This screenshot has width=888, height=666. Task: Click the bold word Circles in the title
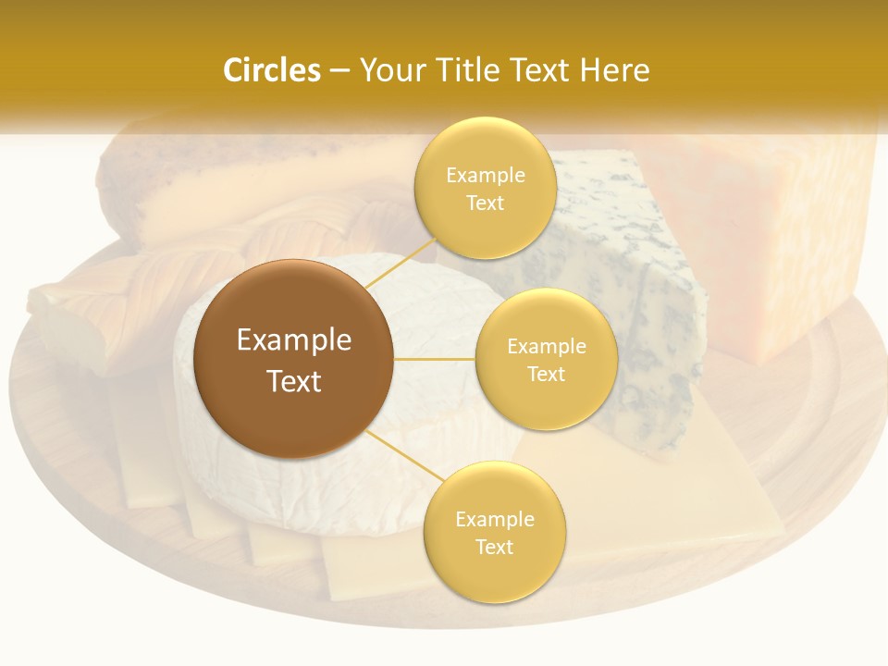click(x=271, y=70)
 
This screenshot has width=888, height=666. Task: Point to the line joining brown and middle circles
click(x=435, y=359)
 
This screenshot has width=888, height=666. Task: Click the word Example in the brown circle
click(x=293, y=340)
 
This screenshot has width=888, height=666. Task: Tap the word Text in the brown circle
click(x=293, y=381)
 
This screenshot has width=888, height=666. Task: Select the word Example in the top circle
click(x=485, y=176)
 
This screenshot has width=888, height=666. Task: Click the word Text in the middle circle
click(x=546, y=375)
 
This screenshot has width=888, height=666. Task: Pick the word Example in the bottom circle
click(x=494, y=520)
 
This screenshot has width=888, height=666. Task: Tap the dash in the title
click(x=339, y=70)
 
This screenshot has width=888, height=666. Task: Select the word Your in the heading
click(x=388, y=70)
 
